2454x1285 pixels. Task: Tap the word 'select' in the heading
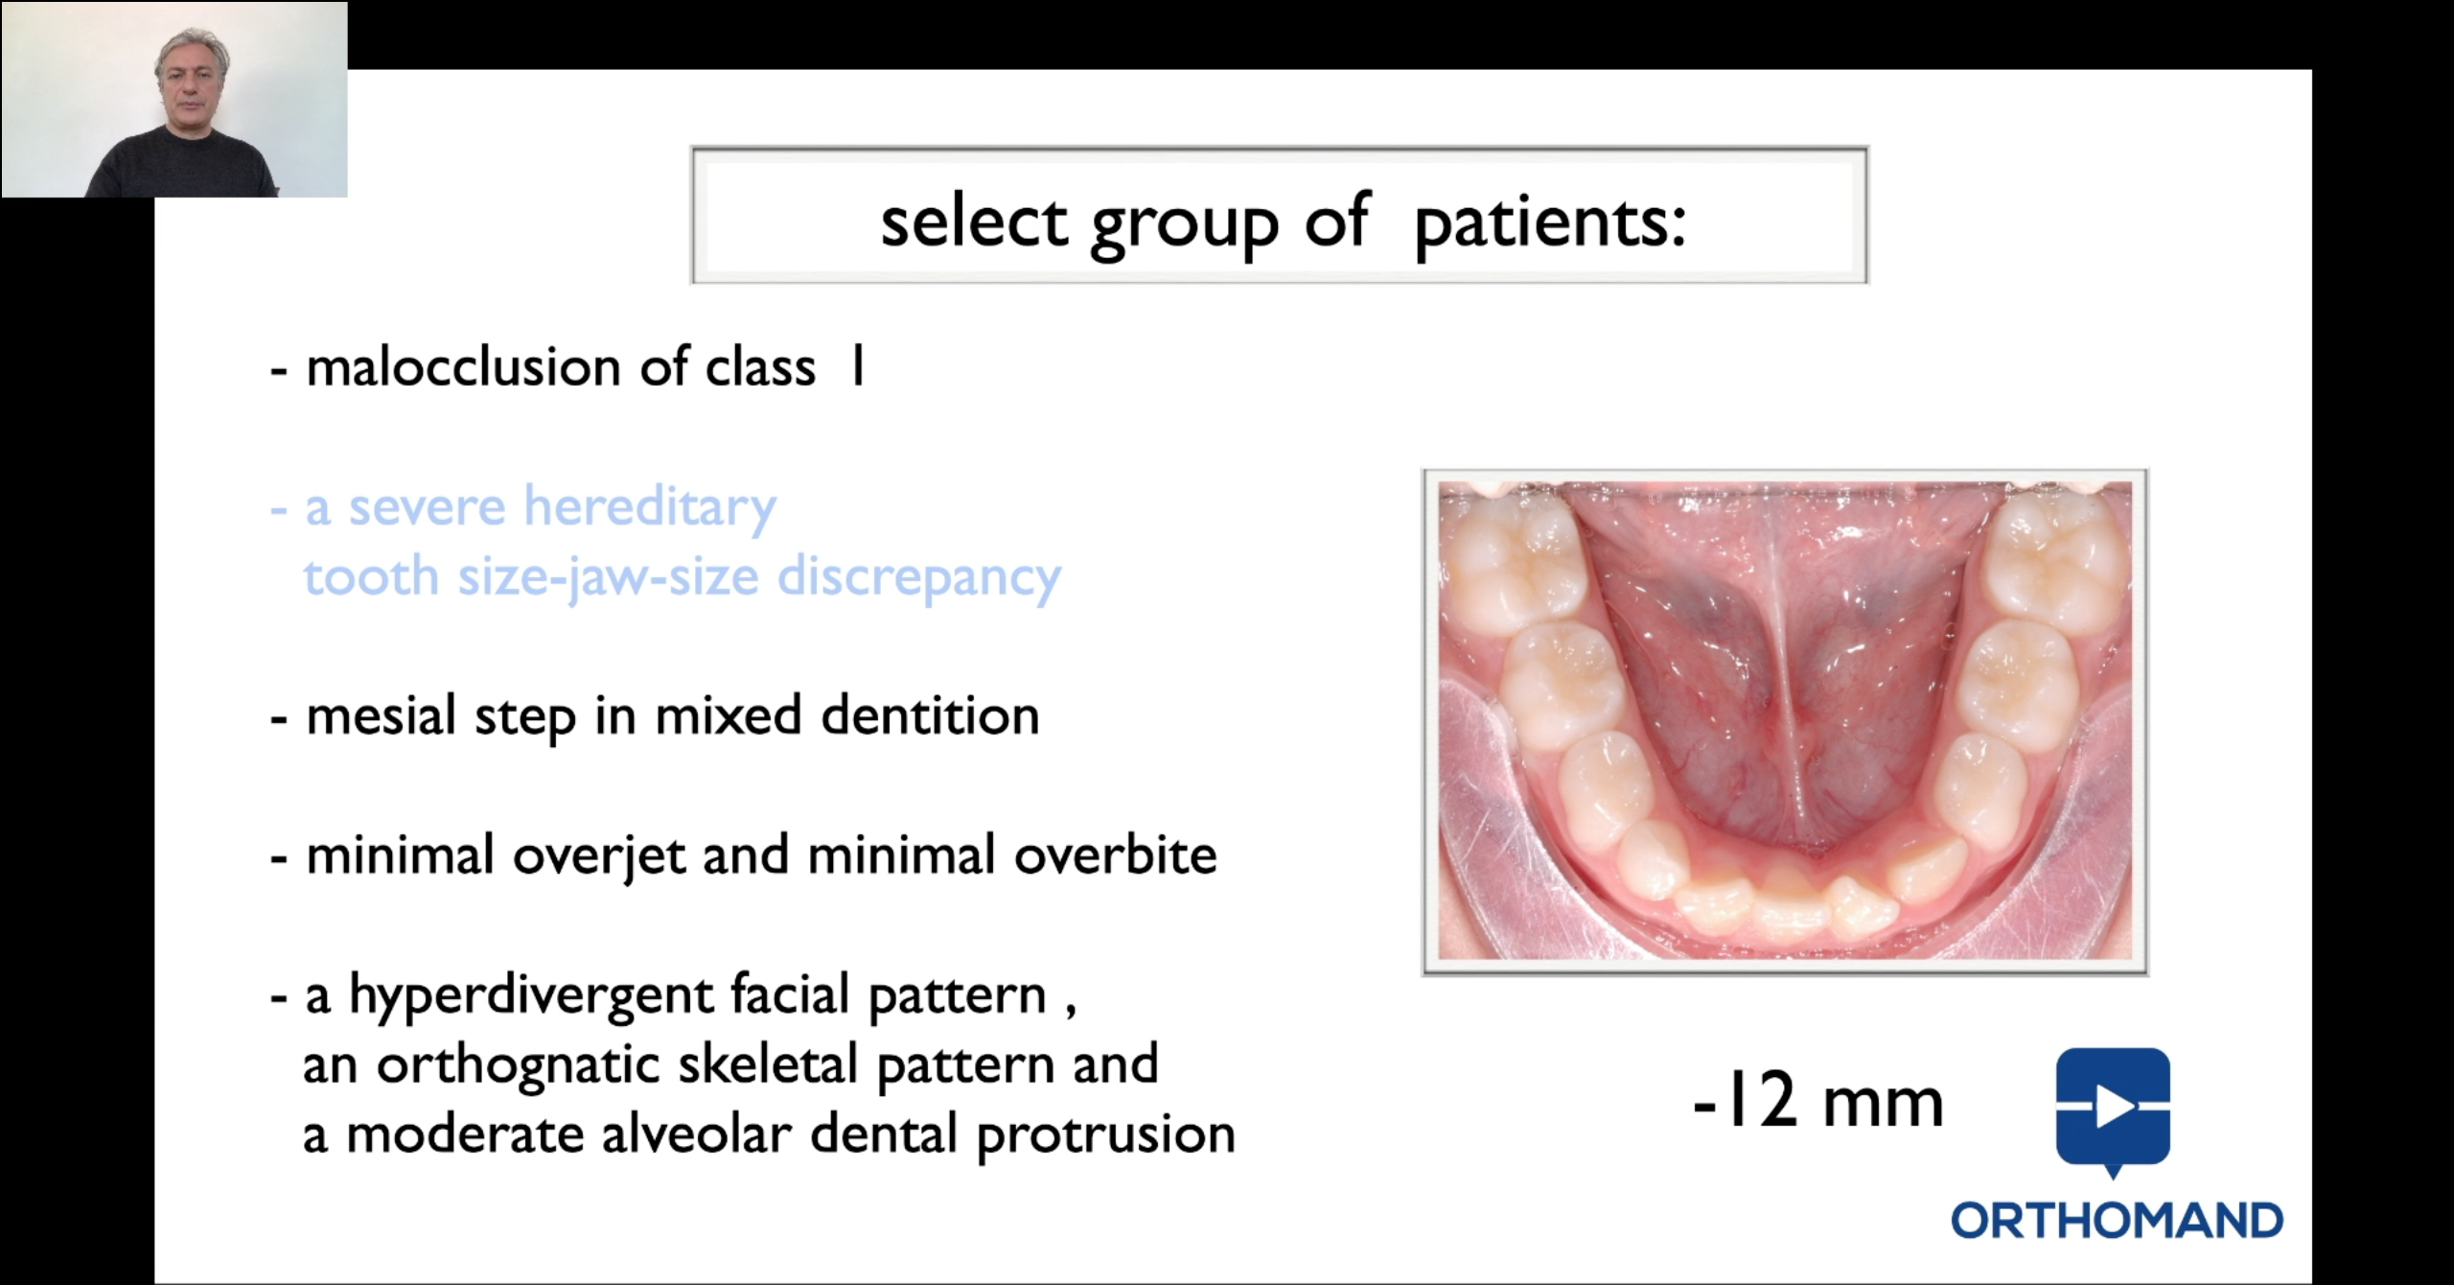(x=974, y=222)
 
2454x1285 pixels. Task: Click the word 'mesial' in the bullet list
(x=381, y=716)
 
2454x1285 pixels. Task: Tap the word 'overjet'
(x=599, y=856)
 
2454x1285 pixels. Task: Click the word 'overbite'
(x=1116, y=855)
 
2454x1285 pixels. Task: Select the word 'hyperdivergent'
(x=530, y=996)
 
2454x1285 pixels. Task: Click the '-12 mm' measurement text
(x=1817, y=1102)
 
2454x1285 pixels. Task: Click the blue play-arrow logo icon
(x=2113, y=1108)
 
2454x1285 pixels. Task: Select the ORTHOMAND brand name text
(x=2117, y=1221)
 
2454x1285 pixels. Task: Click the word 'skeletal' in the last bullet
(x=767, y=1064)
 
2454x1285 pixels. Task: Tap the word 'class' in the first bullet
(x=760, y=367)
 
